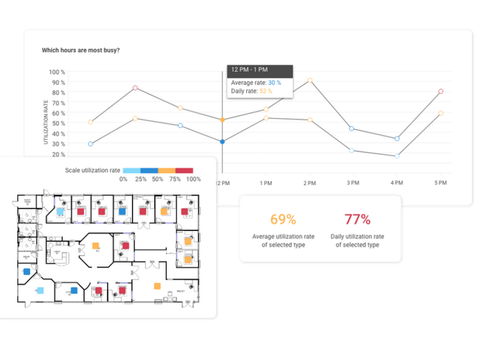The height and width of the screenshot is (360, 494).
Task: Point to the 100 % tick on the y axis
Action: point(57,72)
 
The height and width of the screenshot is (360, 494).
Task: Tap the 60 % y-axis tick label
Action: point(58,113)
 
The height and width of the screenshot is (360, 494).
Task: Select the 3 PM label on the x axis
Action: point(352,183)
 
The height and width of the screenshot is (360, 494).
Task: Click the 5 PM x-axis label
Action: point(440,183)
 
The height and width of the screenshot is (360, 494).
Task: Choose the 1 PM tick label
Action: point(265,183)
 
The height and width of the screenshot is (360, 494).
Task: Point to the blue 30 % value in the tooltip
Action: point(275,83)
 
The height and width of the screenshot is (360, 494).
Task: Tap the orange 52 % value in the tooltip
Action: point(266,91)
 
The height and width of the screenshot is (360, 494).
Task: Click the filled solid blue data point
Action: point(222,142)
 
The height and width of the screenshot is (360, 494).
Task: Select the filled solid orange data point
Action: point(222,120)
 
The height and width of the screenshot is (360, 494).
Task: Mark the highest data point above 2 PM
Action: point(309,81)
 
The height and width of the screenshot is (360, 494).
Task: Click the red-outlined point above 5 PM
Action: point(440,91)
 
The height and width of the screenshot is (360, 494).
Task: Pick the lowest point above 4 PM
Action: point(397,156)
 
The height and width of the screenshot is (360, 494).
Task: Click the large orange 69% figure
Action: point(283,219)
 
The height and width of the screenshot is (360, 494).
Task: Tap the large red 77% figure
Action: point(358,219)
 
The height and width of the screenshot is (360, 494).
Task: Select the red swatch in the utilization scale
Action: point(184,170)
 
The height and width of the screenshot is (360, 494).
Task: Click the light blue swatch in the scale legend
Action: point(132,170)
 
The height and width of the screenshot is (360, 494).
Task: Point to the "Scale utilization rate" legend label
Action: point(92,170)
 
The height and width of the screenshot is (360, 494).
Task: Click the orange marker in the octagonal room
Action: point(95,246)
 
